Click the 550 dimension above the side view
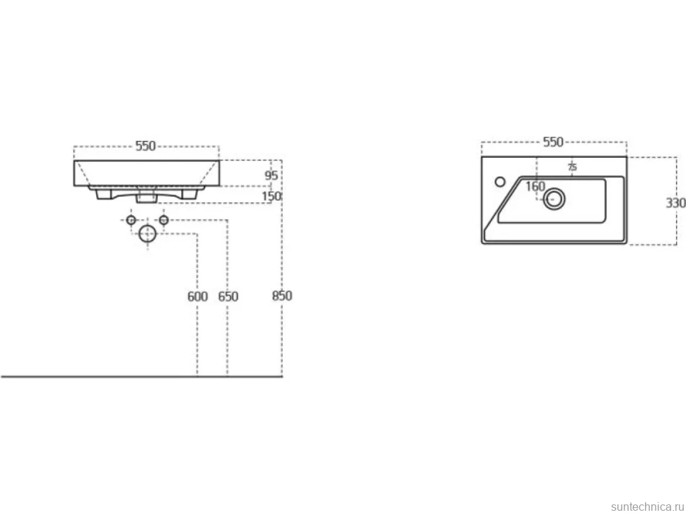[145, 146]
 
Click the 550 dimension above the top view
[553, 141]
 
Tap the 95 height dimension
[272, 175]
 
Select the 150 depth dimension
[272, 197]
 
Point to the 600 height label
[197, 296]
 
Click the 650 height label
[228, 296]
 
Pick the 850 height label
[281, 296]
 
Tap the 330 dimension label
[675, 203]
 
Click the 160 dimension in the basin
[535, 187]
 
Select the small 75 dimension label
[572, 167]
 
